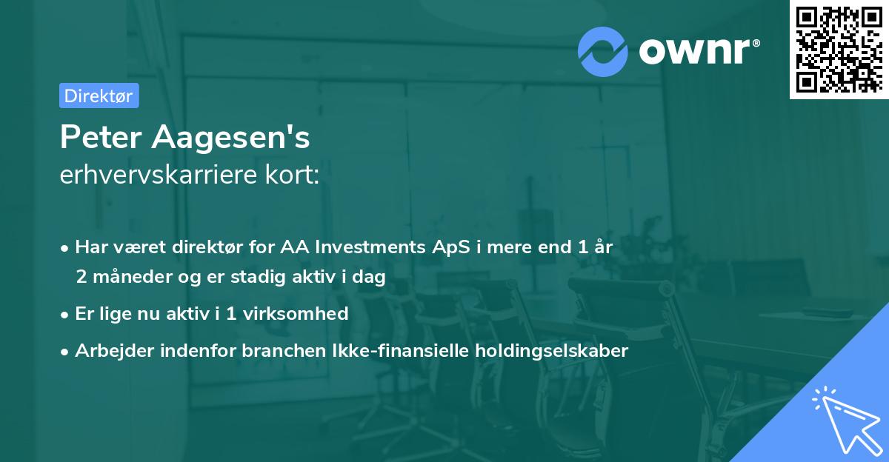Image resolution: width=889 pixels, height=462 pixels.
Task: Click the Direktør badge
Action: (99, 96)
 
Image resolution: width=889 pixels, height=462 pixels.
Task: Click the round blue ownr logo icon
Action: (603, 51)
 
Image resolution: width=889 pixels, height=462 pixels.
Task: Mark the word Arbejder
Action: (108, 351)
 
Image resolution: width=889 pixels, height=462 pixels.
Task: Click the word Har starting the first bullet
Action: (90, 247)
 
